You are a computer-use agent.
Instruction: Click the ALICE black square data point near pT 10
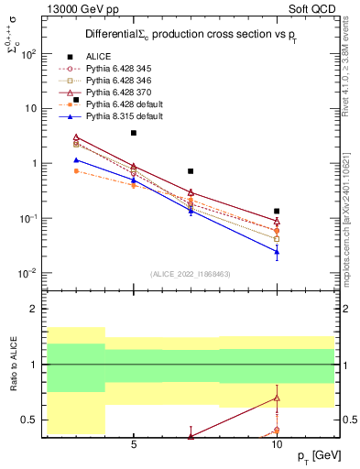(277, 211)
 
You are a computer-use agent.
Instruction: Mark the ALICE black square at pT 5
(134, 133)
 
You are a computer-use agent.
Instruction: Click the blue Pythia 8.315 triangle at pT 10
(277, 251)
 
